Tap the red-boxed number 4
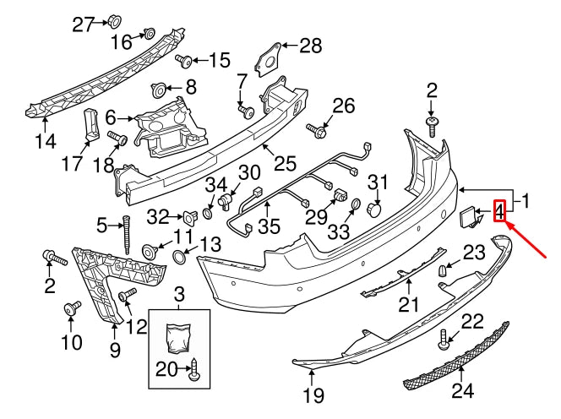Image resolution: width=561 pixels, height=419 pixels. (x=499, y=210)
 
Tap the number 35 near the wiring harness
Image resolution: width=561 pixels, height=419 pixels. (x=269, y=226)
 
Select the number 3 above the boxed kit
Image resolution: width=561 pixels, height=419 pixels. (x=178, y=295)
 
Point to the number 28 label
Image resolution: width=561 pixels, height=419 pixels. (x=310, y=46)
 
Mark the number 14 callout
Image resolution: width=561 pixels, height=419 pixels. (x=45, y=142)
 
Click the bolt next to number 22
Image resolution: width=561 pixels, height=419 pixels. (x=444, y=340)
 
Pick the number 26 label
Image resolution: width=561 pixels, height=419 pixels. (x=343, y=106)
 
